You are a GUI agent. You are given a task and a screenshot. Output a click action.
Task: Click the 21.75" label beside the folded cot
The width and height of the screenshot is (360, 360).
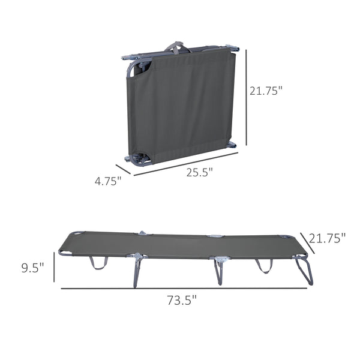(265, 91)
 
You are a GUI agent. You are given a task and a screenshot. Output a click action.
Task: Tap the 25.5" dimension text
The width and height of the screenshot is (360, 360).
(200, 172)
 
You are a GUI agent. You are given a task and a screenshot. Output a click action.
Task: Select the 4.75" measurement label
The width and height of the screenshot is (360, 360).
(108, 181)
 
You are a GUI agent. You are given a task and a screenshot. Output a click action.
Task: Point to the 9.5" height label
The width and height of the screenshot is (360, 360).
(32, 268)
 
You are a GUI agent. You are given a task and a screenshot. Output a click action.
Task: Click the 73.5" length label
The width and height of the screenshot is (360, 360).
(182, 301)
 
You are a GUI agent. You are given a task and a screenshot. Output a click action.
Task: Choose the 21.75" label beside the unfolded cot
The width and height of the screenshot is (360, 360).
(328, 238)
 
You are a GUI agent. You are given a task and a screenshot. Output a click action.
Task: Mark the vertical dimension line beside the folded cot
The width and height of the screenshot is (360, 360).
(247, 98)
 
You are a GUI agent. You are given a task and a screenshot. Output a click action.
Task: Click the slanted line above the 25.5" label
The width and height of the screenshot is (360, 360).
(186, 163)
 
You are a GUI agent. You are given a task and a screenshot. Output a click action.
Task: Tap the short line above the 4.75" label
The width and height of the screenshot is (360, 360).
(123, 169)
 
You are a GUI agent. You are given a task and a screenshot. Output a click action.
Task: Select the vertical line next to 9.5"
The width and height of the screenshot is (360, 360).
(54, 267)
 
